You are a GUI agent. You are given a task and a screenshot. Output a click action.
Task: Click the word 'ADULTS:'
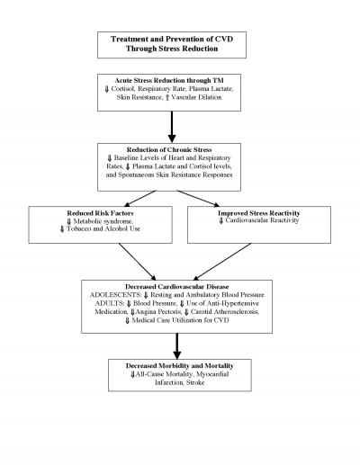point(105,304)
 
